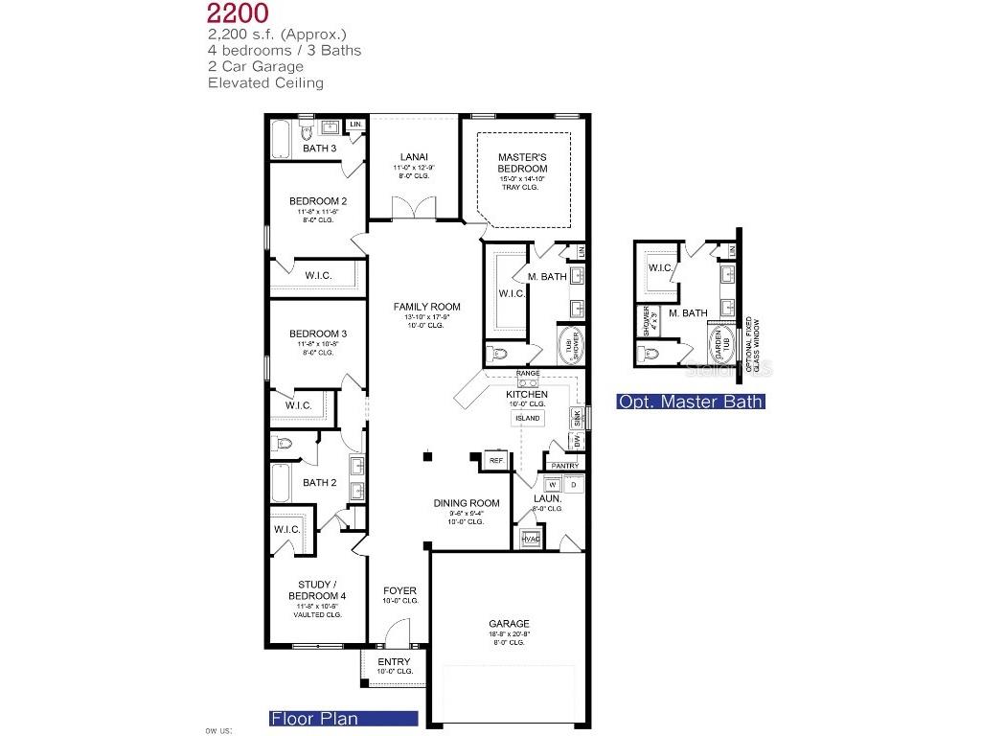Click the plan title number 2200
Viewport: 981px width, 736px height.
(239, 13)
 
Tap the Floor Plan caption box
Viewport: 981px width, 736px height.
(343, 718)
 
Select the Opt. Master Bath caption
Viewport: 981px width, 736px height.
(691, 402)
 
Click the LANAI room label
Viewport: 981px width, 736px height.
(414, 157)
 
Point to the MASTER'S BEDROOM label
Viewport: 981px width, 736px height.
(522, 163)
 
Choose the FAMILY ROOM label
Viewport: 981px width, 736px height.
(426, 307)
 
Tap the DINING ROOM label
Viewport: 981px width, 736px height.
(467, 503)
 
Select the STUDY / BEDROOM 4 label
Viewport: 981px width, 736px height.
(317, 590)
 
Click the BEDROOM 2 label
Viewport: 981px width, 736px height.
(318, 201)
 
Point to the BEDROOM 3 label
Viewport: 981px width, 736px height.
(318, 333)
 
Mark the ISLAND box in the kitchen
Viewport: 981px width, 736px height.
(528, 419)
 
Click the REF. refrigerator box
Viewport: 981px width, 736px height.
(496, 461)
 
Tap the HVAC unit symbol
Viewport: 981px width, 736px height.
(531, 540)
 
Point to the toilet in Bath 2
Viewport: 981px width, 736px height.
(283, 444)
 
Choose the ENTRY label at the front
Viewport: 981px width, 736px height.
(394, 662)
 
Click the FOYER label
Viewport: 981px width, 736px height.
(399, 590)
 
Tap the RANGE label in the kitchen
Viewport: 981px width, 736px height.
(528, 374)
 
